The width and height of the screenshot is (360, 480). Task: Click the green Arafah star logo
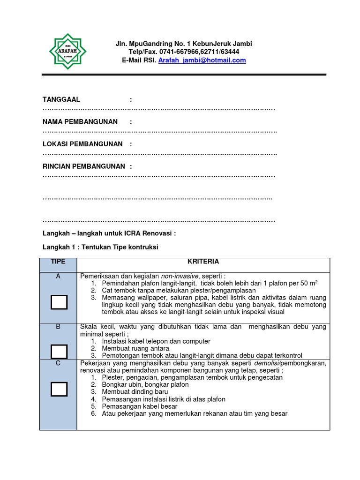68,52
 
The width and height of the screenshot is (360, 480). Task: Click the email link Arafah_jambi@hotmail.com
202,60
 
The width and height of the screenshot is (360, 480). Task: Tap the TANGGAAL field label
61,99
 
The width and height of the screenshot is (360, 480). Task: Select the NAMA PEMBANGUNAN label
80,122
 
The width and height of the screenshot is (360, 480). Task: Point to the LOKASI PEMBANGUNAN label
82,144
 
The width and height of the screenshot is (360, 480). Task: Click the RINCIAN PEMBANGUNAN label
84,166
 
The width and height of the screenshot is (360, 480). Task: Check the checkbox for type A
59,302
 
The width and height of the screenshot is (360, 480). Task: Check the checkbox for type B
59,351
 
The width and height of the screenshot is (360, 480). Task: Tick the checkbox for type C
59,389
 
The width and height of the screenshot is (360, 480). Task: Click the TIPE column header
58,262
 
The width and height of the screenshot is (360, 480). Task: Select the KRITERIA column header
203,262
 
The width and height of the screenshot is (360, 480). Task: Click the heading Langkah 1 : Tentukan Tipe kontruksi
100,247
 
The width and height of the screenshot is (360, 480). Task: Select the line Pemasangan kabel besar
139,406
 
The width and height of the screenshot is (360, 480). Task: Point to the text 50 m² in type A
308,283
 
